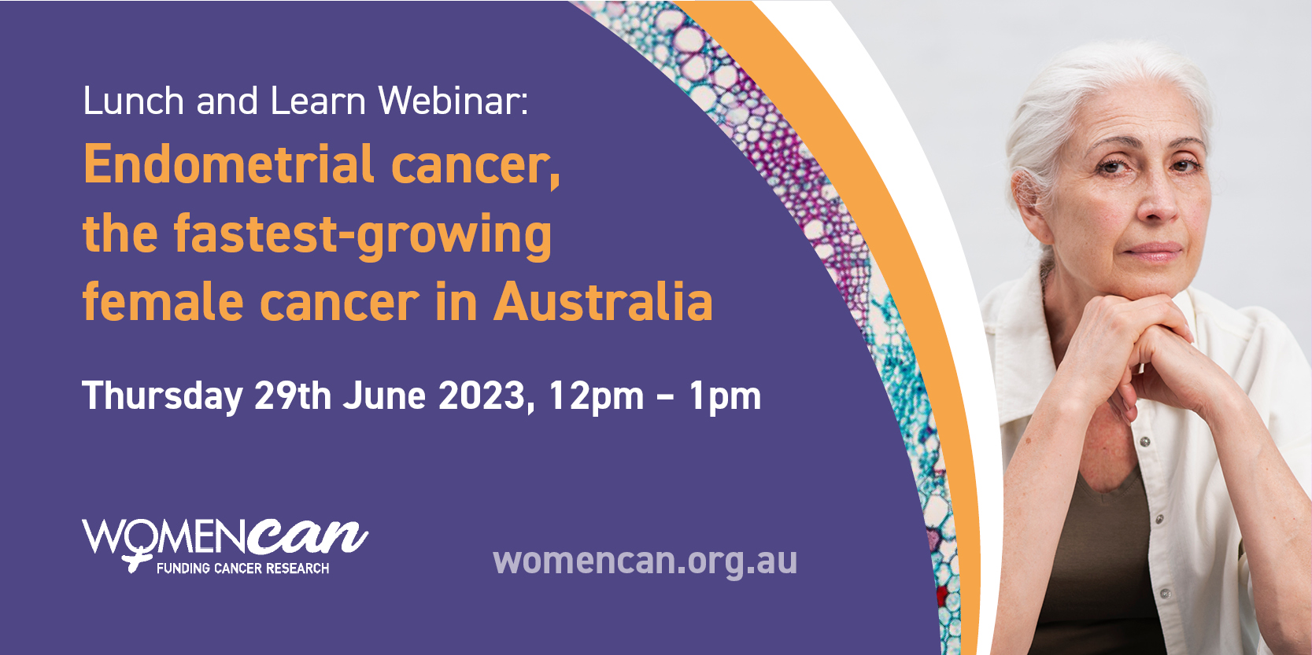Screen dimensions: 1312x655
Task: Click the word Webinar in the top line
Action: (453, 101)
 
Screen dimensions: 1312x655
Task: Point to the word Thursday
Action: (162, 397)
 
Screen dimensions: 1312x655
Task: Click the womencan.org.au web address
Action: (645, 560)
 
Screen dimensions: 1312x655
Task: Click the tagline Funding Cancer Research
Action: (242, 568)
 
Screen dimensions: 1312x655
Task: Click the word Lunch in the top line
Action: (134, 101)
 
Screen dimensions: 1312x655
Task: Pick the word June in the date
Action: (384, 396)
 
